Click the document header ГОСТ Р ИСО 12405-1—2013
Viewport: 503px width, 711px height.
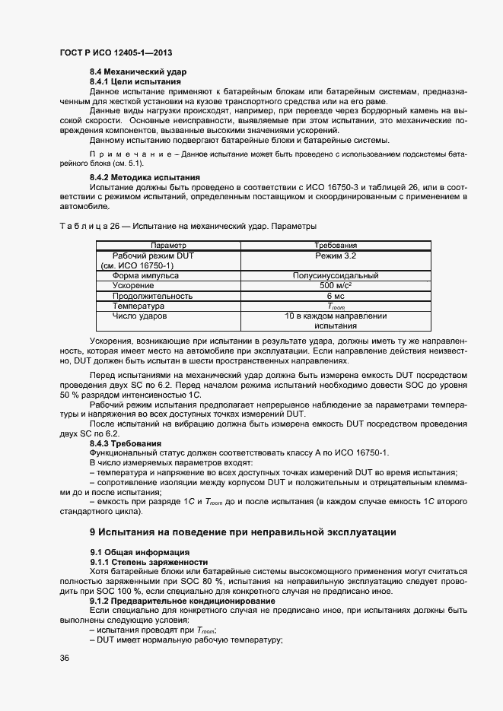coord(115,52)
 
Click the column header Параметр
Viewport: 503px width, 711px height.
coord(168,246)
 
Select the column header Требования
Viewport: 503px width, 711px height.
coord(336,246)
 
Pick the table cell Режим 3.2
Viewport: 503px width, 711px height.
coord(336,256)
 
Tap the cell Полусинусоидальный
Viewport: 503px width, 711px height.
coord(336,276)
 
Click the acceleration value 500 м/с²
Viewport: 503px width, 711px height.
coord(336,286)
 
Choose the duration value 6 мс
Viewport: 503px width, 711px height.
coord(336,296)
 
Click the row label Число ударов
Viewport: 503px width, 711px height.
coord(139,316)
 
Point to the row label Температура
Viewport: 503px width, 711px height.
coord(138,306)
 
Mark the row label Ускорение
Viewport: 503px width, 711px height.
coord(135,286)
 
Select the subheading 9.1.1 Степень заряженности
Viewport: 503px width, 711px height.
coord(143,561)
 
